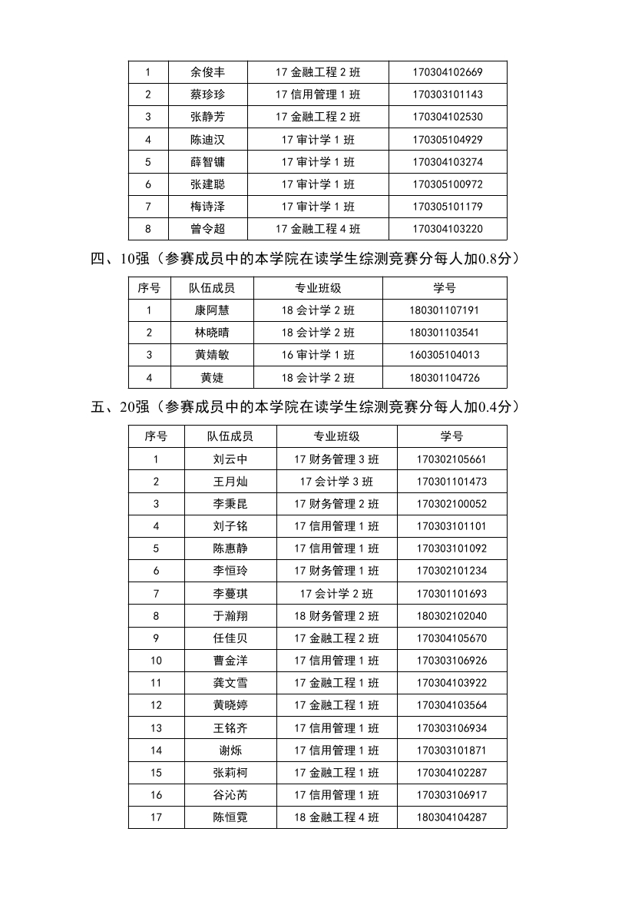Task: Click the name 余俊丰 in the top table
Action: [x=207, y=73]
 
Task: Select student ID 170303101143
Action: [x=448, y=95]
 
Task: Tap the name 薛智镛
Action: [x=207, y=162]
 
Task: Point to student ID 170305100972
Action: [x=448, y=184]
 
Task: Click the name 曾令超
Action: [x=207, y=229]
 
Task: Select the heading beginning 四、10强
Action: [x=305, y=259]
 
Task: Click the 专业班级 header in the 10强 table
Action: [x=318, y=288]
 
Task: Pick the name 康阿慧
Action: [x=212, y=310]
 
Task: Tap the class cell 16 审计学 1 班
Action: [x=318, y=355]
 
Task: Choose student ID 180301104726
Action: [x=445, y=377]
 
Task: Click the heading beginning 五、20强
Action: [x=305, y=407]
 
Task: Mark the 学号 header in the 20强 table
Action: [x=451, y=436]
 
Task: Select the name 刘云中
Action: [x=230, y=459]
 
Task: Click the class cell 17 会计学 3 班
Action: [x=336, y=482]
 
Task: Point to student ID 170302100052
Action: [x=451, y=504]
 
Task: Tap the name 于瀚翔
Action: [x=230, y=616]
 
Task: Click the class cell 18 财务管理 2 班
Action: [x=336, y=616]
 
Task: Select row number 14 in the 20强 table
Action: [x=157, y=751]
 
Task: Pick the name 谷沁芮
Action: [x=230, y=795]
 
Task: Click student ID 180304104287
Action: [x=451, y=817]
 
